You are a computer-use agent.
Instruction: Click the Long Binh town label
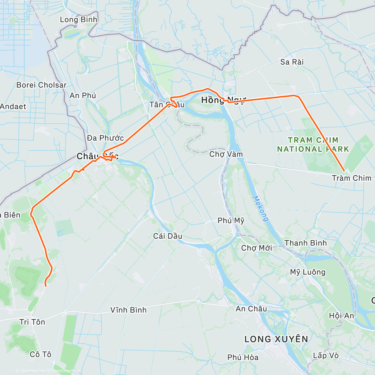pyautogui.click(x=78, y=20)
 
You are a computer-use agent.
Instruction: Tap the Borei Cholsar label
pyautogui.click(x=41, y=85)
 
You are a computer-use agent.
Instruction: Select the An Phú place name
pyautogui.click(x=82, y=96)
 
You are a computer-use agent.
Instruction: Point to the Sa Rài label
pyautogui.click(x=292, y=62)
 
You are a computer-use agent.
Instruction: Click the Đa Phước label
pyautogui.click(x=105, y=138)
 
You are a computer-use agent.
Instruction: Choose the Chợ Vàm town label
pyautogui.click(x=226, y=154)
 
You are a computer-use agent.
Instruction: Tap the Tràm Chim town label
pyautogui.click(x=352, y=178)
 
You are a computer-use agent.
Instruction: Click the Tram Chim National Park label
pyautogui.click(x=313, y=145)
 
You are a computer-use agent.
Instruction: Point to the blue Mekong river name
pyautogui.click(x=260, y=208)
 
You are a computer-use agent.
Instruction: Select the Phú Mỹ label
pyautogui.click(x=231, y=221)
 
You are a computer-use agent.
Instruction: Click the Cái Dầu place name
pyautogui.click(x=167, y=236)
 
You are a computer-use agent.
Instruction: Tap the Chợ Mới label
pyautogui.click(x=257, y=248)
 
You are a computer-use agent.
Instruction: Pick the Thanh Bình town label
pyautogui.click(x=306, y=243)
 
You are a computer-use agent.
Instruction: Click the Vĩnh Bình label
pyautogui.click(x=128, y=310)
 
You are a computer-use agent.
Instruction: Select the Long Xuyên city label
pyautogui.click(x=276, y=339)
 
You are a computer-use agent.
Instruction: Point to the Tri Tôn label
pyautogui.click(x=32, y=322)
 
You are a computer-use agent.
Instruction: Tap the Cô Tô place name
pyautogui.click(x=40, y=354)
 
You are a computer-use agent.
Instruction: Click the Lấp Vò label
pyautogui.click(x=326, y=356)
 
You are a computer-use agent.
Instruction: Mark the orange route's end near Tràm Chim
pyautogui.click(x=344, y=171)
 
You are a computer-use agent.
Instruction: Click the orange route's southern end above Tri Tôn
pyautogui.click(x=46, y=286)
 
